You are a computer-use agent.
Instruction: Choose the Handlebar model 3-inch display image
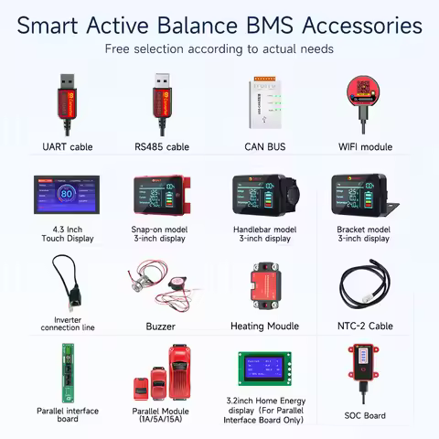tap(265, 198)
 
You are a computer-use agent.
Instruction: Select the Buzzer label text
tap(161, 324)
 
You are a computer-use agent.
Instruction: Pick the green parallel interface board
tap(66, 371)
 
